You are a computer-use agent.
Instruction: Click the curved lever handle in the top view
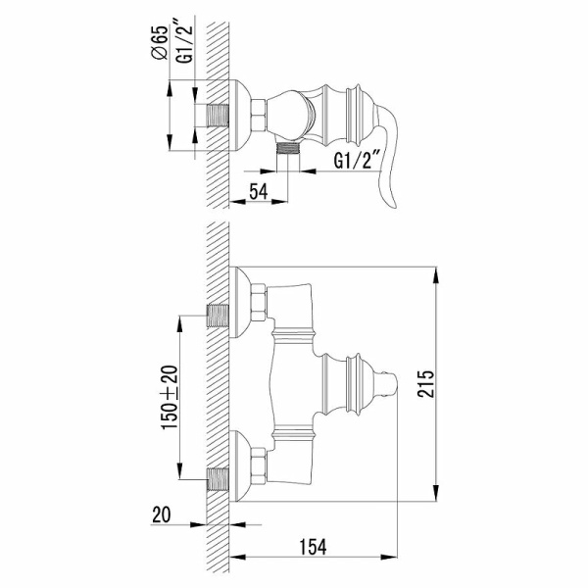coord(397,167)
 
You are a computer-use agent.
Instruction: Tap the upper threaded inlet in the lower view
coord(220,316)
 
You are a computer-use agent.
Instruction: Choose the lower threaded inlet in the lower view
coord(220,479)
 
